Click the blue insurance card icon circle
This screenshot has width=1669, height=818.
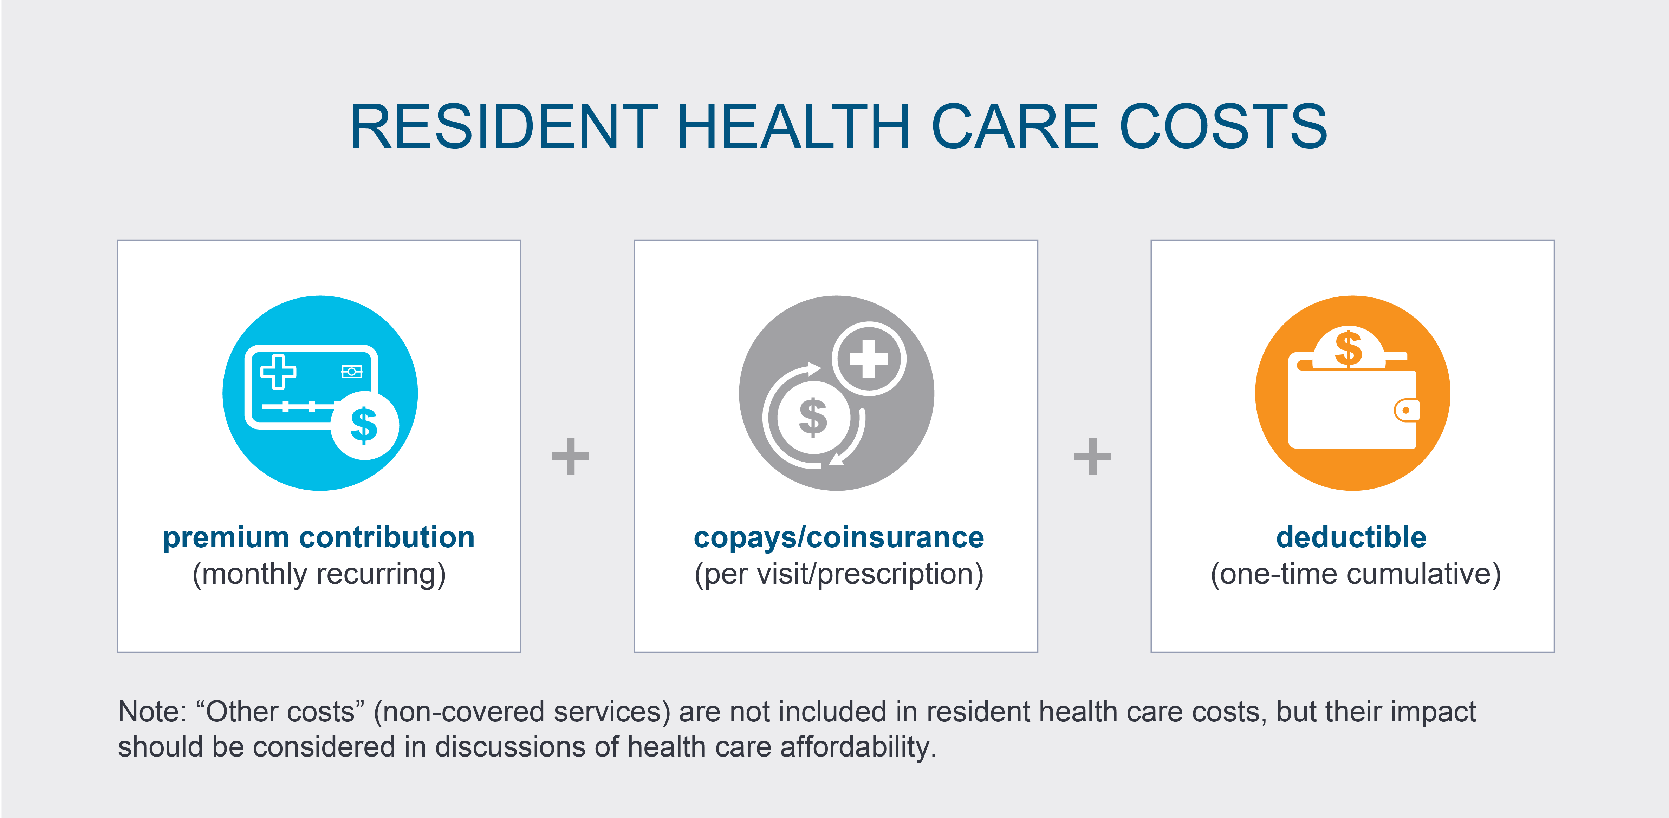pyautogui.click(x=320, y=393)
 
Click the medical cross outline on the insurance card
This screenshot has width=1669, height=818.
pyautogui.click(x=278, y=372)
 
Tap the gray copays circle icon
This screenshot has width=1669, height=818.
pyautogui.click(x=837, y=393)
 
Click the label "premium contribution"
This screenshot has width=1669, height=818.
pyautogui.click(x=319, y=538)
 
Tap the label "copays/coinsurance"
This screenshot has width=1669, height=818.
pyautogui.click(x=838, y=538)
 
